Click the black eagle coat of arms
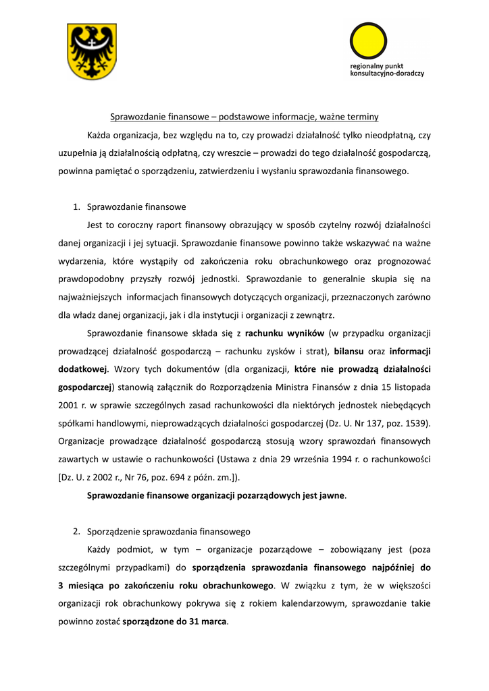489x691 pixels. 91,51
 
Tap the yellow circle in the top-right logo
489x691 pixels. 368,41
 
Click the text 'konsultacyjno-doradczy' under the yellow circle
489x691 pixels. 387,73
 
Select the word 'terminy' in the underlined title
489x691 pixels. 363,116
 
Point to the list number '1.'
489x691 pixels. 77,206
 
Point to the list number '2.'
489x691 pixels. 77,531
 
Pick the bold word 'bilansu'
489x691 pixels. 350,351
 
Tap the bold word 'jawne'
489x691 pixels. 332,495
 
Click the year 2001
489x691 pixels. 68,405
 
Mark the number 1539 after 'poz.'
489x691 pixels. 413,423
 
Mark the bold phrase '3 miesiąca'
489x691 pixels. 82,585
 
